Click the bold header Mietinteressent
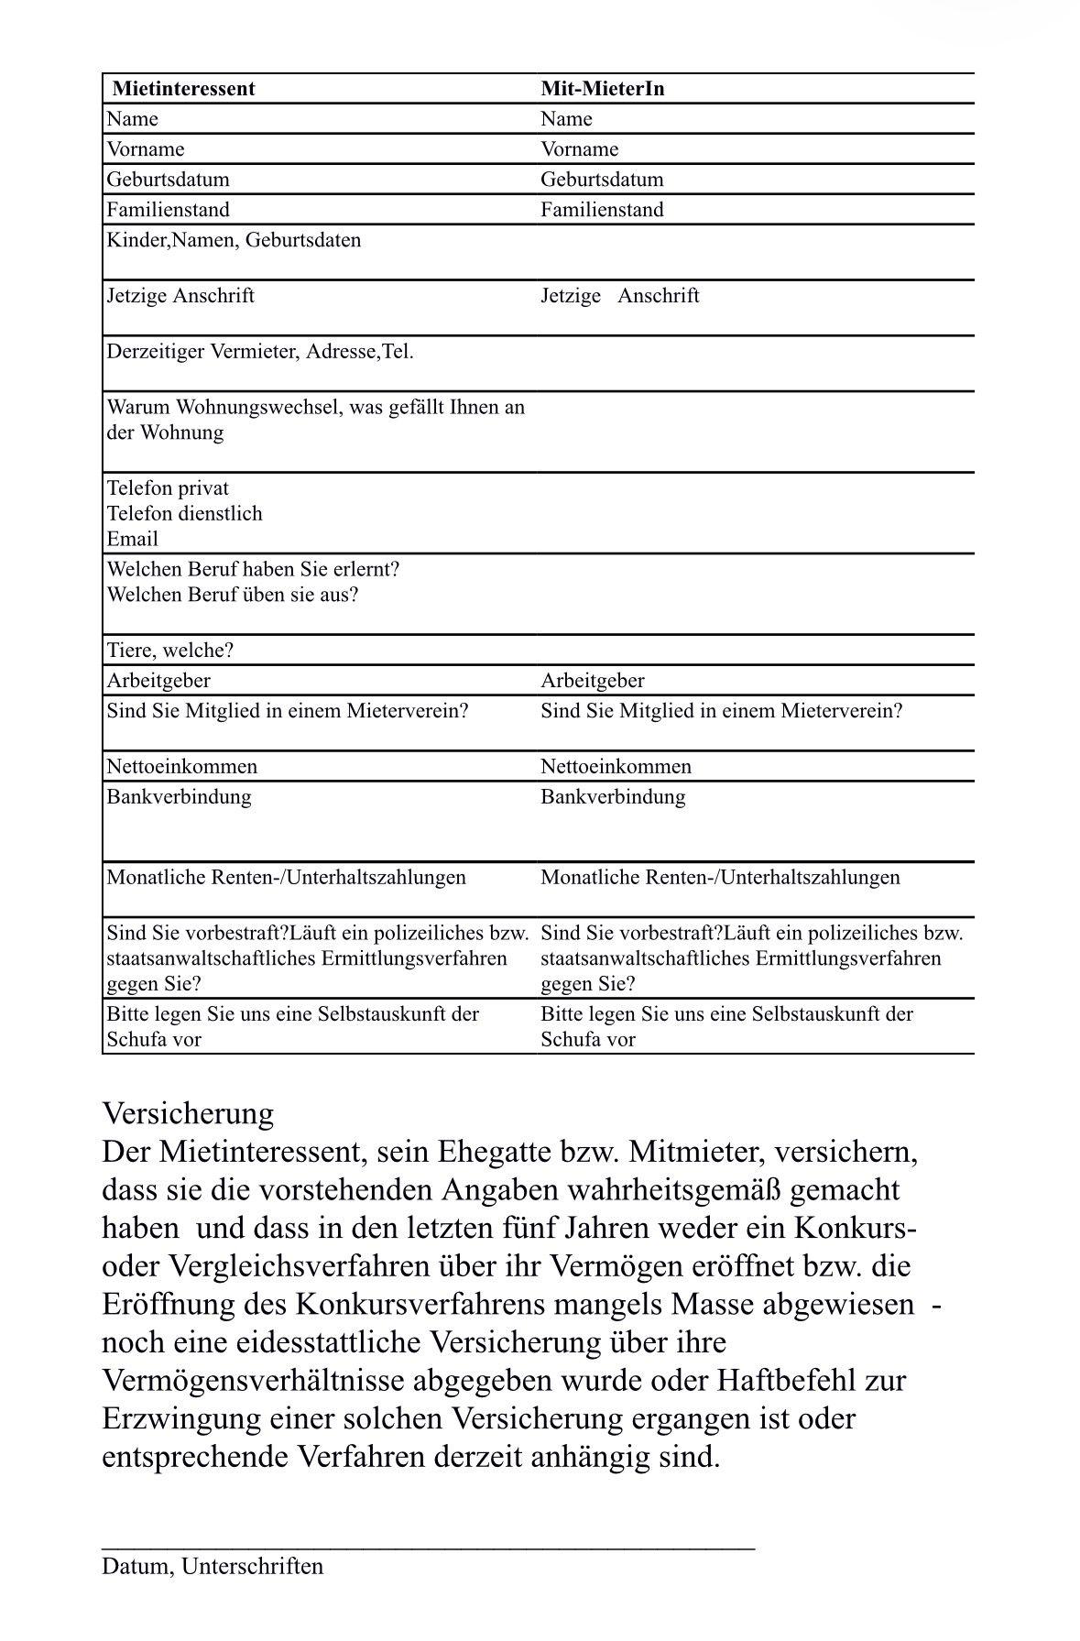click(x=183, y=89)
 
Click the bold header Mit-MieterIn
click(x=602, y=89)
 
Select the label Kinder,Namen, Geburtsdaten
click(x=234, y=240)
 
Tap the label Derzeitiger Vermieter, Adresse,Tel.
click(x=260, y=352)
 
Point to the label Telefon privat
click(x=168, y=488)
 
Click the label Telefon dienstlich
click(x=184, y=514)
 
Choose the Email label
click(x=132, y=540)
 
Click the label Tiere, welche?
click(x=169, y=651)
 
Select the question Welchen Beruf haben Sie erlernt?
click(x=253, y=570)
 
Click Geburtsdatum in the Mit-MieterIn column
click(x=602, y=180)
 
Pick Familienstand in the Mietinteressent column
click(x=168, y=210)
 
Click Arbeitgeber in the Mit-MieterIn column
click(x=592, y=681)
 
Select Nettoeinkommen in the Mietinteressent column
click(x=181, y=767)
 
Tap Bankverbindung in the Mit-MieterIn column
click(x=612, y=797)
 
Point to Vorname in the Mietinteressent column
click(x=145, y=149)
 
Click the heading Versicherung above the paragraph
click(x=188, y=1114)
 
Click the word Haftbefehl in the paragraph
click(x=791, y=1380)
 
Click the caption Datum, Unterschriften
click(x=213, y=1566)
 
